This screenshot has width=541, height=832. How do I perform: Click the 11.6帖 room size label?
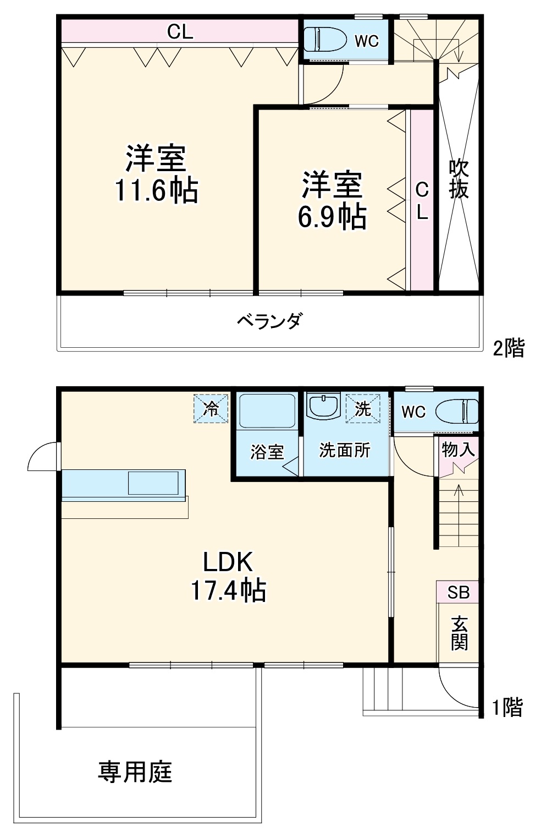[x=156, y=190]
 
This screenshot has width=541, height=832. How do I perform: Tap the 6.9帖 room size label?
[x=332, y=216]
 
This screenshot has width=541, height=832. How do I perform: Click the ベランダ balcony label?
[x=269, y=321]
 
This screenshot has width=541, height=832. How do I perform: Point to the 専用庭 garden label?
[x=135, y=771]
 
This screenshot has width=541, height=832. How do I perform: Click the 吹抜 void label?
[x=459, y=179]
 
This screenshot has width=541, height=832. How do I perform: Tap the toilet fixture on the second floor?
[x=325, y=40]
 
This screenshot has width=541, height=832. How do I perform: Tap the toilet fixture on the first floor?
[x=457, y=412]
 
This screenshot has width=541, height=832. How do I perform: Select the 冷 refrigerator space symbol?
[x=211, y=408]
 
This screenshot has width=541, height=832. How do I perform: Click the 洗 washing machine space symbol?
[x=363, y=408]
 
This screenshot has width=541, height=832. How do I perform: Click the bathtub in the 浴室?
[x=268, y=410]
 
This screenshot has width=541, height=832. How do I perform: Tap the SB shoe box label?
[x=458, y=592]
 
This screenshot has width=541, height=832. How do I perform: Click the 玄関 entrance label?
[x=459, y=633]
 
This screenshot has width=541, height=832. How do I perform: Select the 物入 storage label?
[x=458, y=450]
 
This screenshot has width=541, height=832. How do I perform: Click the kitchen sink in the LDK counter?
[x=153, y=483]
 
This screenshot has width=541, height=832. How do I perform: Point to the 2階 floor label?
[x=509, y=348]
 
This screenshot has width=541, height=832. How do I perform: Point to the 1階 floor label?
[x=507, y=707]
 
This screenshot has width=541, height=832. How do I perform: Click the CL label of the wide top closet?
[x=180, y=32]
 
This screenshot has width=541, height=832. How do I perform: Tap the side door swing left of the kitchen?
[x=43, y=457]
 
